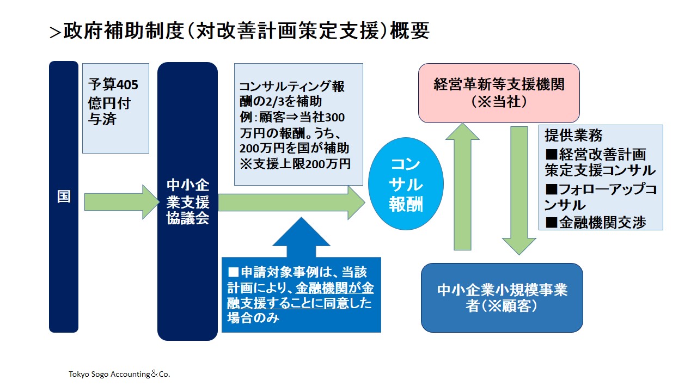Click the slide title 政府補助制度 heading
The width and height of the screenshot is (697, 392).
pos(246,31)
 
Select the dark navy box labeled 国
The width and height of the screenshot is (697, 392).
pos(64,197)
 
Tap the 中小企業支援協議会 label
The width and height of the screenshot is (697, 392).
pos(188,201)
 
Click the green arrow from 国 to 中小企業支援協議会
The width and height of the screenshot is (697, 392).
pos(122,202)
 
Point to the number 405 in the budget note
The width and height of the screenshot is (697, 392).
pos(127,85)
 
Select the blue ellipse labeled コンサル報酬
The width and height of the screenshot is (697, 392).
pos(406,184)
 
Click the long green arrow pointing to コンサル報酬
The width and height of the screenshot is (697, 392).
pos(291,203)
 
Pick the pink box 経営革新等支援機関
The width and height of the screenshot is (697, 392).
pos(499,93)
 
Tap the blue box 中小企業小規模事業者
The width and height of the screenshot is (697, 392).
pos(502,298)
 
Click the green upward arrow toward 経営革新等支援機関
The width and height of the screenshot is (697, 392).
pos(462,187)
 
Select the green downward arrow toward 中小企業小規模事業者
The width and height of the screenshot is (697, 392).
pos(519,191)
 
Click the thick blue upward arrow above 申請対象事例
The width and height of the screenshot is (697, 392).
pos(301,237)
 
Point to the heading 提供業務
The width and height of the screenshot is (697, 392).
pos(573,136)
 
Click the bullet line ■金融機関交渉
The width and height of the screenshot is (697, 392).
pos(596,223)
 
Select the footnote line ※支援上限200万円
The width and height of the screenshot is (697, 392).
pos(295,164)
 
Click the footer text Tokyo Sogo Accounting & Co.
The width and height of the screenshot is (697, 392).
pos(119,374)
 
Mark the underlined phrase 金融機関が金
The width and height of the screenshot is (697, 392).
pos(335,288)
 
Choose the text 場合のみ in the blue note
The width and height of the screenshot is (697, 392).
pos(253,318)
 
